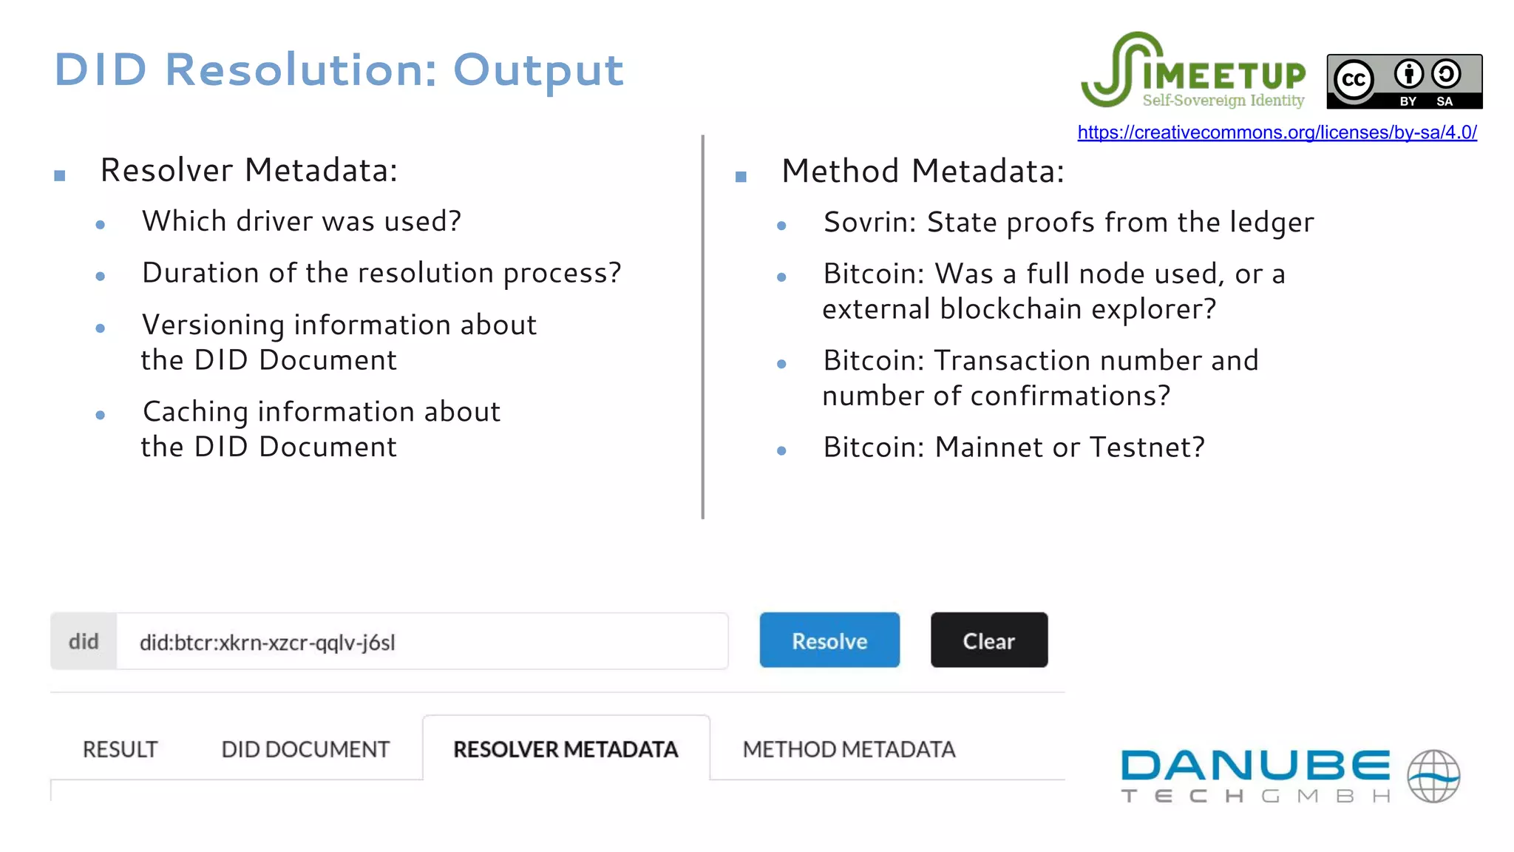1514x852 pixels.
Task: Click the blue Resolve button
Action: point(829,640)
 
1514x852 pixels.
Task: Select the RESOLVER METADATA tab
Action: point(566,749)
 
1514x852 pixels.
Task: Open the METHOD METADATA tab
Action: point(849,749)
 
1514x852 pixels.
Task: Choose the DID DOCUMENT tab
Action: point(305,749)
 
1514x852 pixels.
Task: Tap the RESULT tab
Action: point(120,749)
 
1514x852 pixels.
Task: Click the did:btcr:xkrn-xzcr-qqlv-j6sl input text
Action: point(268,642)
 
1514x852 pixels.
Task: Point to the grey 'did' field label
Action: point(84,641)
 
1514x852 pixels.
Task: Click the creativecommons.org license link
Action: point(1277,132)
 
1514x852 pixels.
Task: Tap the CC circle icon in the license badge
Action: point(1354,79)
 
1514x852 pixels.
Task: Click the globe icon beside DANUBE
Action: point(1433,776)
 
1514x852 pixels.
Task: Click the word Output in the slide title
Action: point(538,70)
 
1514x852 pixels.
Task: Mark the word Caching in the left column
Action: point(195,412)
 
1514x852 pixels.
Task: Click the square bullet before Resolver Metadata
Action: point(60,176)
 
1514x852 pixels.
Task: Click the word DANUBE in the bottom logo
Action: point(1255,765)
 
